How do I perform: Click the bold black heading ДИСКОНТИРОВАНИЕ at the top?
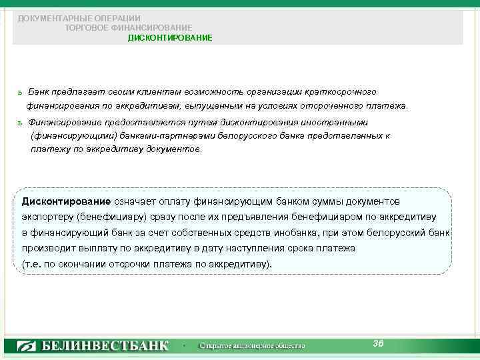pos(170,38)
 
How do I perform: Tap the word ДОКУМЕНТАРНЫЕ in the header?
pos(47,17)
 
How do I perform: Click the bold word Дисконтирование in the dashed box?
pos(66,201)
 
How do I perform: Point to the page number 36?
pos(378,343)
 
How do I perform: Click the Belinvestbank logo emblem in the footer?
pos(27,346)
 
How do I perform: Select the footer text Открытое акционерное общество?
pos(252,346)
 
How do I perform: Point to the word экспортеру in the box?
pos(47,217)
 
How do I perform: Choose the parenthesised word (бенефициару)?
pos(109,217)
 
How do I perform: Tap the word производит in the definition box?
pos(46,248)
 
